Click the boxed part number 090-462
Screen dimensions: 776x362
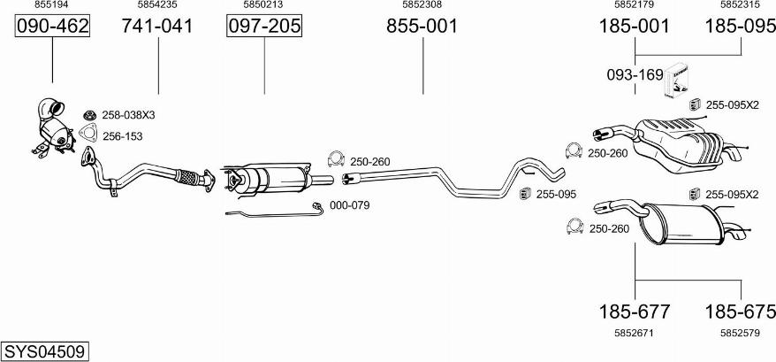(52, 26)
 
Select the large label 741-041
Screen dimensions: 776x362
(158, 26)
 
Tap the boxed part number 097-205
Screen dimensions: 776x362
(264, 26)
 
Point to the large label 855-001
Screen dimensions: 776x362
(422, 26)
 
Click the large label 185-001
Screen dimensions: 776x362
(635, 26)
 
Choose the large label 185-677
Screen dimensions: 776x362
(635, 312)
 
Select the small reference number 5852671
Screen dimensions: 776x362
(634, 334)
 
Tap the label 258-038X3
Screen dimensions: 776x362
(129, 115)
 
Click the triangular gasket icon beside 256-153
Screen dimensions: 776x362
(87, 133)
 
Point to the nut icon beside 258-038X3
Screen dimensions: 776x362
(89, 115)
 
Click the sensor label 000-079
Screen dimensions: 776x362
(349, 205)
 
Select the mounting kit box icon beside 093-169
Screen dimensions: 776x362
(675, 81)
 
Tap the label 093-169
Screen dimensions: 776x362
(635, 75)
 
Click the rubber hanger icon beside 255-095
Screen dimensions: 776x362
(525, 194)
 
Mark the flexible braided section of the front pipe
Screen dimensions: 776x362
(186, 177)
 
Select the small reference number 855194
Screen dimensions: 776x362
(52, 4)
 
